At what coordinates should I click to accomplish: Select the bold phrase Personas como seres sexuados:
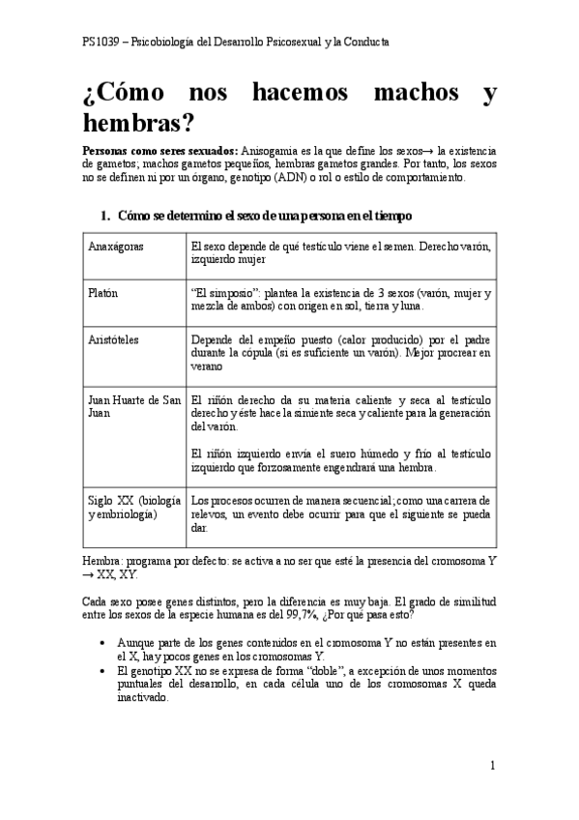tap(159, 152)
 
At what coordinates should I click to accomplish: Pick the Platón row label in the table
tap(104, 293)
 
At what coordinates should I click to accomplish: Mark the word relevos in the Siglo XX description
tap(210, 514)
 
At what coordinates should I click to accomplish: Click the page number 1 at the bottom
tap(492, 766)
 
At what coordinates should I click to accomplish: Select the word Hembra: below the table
tap(103, 559)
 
